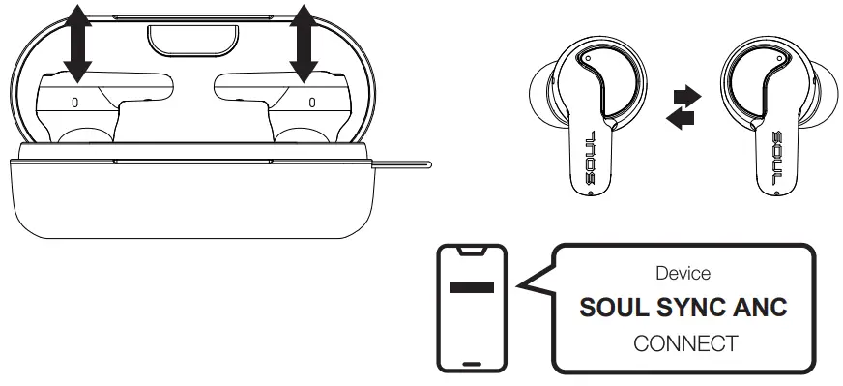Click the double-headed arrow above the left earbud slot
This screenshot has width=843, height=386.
(78, 43)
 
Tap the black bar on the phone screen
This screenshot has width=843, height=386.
(471, 288)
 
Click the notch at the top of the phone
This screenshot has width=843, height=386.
(471, 251)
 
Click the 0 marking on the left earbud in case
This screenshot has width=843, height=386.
(74, 101)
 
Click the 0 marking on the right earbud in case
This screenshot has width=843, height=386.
(311, 101)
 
